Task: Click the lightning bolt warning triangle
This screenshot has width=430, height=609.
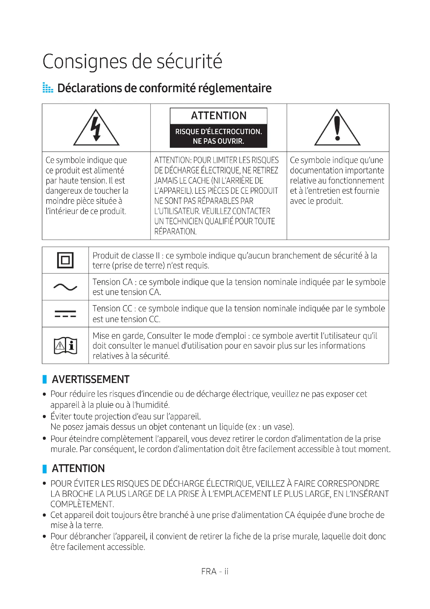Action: click(96, 128)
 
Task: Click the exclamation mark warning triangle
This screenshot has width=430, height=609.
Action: click(337, 128)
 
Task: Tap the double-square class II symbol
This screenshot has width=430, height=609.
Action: click(65, 260)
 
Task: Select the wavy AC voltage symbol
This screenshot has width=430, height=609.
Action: click(65, 287)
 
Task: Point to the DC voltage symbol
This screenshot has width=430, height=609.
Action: click(65, 313)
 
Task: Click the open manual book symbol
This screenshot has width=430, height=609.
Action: click(66, 346)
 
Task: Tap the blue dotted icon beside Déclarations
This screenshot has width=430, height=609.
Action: click(48, 88)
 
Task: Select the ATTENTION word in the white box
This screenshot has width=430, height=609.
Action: click(219, 116)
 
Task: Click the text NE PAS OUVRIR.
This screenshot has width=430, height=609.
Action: click(218, 141)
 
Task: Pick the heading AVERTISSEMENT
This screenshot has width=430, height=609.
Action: click(90, 379)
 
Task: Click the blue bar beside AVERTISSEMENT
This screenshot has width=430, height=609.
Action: click(44, 379)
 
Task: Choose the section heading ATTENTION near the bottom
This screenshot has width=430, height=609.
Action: click(78, 468)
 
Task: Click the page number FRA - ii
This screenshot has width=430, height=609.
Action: click(215, 571)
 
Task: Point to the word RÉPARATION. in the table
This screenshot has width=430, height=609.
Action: click(175, 231)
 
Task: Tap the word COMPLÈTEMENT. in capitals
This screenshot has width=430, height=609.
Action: click(82, 504)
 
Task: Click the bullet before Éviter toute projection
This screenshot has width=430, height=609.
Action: click(44, 417)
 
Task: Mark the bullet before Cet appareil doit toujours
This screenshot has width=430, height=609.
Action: click(44, 515)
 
